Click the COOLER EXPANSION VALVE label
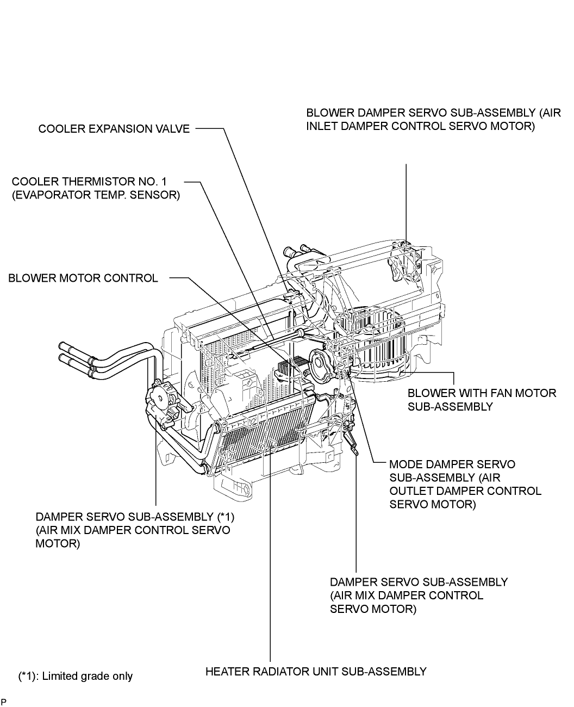tap(114, 129)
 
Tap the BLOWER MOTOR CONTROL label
tap(83, 278)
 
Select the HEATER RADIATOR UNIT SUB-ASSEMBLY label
tap(316, 672)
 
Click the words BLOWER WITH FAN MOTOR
tap(482, 393)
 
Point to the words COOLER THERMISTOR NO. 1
tap(89, 182)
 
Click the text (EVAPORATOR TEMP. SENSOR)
tap(96, 195)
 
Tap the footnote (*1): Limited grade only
tap(76, 676)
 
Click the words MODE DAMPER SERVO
tap(452, 464)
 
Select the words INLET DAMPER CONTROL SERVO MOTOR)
tap(420, 126)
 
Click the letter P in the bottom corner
tap(4, 702)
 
